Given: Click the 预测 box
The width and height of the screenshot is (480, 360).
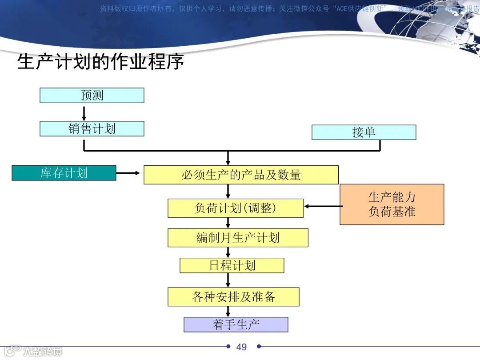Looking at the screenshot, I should [x=92, y=96].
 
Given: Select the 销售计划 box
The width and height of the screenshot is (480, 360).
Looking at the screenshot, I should [x=92, y=129].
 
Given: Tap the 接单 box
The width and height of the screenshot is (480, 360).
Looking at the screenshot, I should [x=364, y=132].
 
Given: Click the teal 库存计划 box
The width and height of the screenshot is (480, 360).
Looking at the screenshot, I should [x=64, y=173].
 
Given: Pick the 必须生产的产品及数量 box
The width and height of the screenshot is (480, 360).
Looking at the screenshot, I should [x=241, y=175].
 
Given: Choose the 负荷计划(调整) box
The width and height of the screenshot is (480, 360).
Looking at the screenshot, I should [x=236, y=208].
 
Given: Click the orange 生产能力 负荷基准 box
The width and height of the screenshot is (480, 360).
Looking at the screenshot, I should [x=392, y=204].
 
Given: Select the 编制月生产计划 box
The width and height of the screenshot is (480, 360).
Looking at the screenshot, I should [x=238, y=238].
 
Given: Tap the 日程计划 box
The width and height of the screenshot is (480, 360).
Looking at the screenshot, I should [x=232, y=266].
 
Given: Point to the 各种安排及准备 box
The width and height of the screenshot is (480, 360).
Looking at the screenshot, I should [x=233, y=297].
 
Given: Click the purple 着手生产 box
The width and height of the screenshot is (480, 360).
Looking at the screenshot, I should [x=236, y=324].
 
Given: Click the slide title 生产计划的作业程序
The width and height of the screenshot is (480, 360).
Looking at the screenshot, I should [x=100, y=62].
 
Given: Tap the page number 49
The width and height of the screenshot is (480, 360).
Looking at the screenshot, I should [x=241, y=347].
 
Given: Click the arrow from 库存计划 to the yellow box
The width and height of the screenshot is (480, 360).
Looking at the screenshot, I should [x=129, y=173].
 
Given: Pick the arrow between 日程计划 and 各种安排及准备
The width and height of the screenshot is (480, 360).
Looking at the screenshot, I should [x=228, y=280].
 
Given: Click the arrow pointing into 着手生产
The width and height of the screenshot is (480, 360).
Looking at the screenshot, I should [x=228, y=312].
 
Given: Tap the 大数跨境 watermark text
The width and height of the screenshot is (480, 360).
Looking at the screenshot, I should [x=43, y=351].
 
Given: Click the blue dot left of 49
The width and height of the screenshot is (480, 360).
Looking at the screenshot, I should [x=228, y=346].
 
